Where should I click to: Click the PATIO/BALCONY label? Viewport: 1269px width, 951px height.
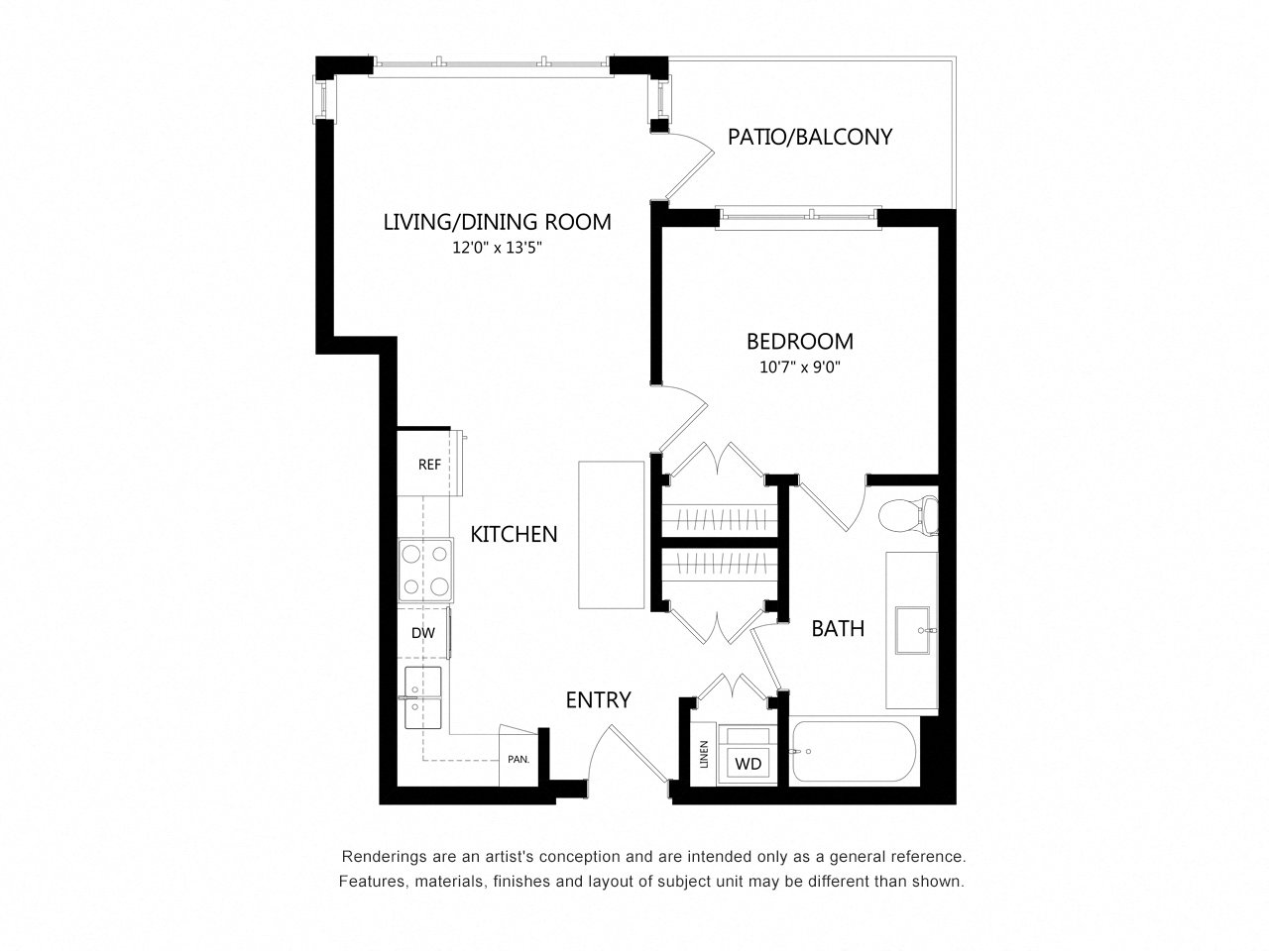[x=809, y=137]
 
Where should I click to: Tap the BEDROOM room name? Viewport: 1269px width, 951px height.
[x=799, y=341]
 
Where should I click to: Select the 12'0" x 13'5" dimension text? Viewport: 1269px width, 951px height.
[x=498, y=248]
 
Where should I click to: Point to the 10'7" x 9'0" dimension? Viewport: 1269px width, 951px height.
[x=799, y=368]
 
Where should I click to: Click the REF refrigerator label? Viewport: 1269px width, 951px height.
[x=429, y=465]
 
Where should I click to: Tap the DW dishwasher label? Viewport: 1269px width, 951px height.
[x=423, y=633]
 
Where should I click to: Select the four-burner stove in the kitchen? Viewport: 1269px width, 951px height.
[x=425, y=570]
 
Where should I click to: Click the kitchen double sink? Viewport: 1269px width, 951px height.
[x=422, y=697]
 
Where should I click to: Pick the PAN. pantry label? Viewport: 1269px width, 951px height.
[x=519, y=759]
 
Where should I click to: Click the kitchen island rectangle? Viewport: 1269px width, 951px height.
[x=611, y=535]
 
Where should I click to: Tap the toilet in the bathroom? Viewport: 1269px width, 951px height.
[x=908, y=514]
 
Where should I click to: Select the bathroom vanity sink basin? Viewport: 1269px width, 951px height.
[x=912, y=631]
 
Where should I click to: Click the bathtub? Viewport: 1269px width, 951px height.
[x=853, y=751]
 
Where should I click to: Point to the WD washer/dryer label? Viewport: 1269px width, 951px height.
[x=749, y=764]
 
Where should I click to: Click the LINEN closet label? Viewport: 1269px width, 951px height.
[x=704, y=754]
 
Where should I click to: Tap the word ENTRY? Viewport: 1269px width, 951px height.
[x=598, y=699]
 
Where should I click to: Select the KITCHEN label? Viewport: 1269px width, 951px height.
[x=514, y=535]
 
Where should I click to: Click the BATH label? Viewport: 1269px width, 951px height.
[x=838, y=628]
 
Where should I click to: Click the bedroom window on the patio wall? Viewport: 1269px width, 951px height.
[x=798, y=218]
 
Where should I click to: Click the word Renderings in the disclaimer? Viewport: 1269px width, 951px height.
[x=376, y=856]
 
